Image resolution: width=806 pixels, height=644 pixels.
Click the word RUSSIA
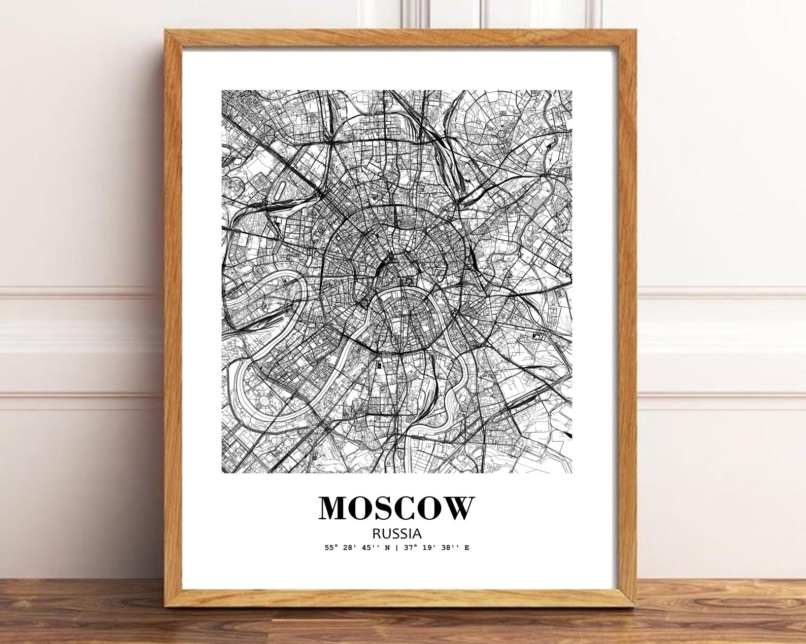[397, 533]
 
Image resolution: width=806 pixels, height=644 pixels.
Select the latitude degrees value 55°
[331, 548]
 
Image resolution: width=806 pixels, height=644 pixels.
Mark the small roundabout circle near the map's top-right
[503, 134]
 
